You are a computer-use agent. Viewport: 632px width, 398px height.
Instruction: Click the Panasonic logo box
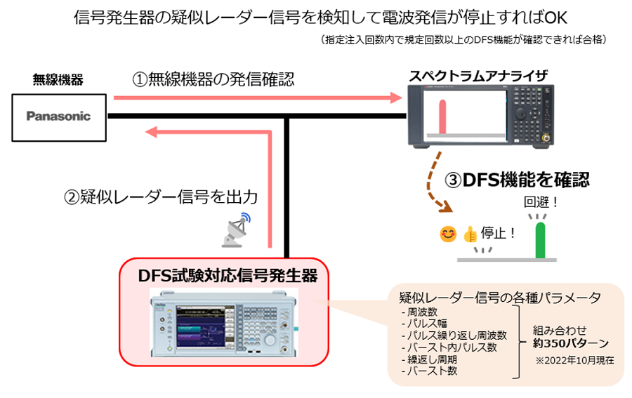(x=58, y=116)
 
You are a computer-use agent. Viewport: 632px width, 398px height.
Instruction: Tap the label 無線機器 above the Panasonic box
(x=58, y=80)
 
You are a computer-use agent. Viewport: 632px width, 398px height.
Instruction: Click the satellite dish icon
(x=237, y=230)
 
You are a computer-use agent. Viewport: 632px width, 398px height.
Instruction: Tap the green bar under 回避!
(x=539, y=240)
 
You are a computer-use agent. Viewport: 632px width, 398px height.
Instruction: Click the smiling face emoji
(x=447, y=234)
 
